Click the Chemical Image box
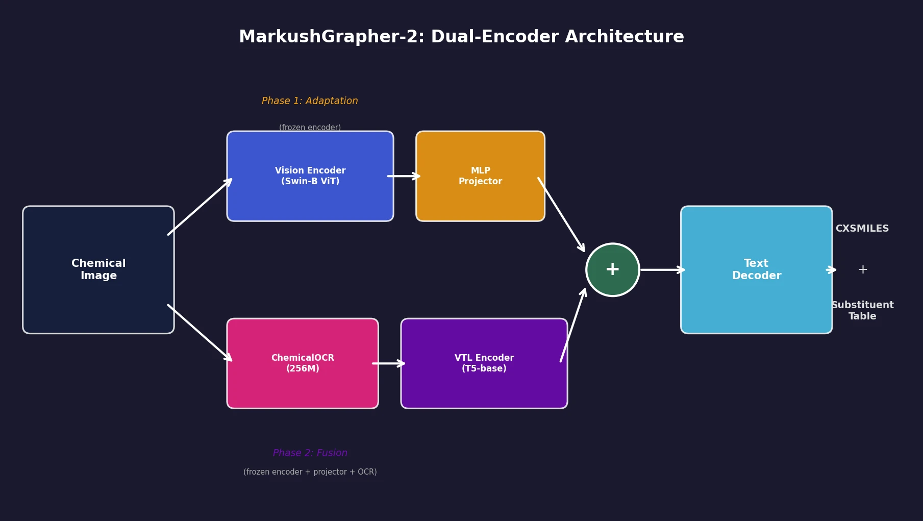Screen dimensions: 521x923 click(x=98, y=269)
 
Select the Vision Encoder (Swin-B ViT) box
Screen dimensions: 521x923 click(x=310, y=176)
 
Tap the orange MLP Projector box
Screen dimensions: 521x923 click(x=480, y=176)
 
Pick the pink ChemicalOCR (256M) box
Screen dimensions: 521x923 click(x=303, y=363)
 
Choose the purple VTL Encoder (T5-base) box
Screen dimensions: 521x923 click(x=484, y=363)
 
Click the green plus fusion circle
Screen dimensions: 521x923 click(x=612, y=269)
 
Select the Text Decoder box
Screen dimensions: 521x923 click(x=756, y=269)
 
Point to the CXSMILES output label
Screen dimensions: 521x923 click(x=862, y=229)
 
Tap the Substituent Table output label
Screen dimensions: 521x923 click(x=862, y=310)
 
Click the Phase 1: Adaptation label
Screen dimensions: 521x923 click(x=310, y=101)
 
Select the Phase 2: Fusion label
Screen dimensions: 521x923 click(x=310, y=453)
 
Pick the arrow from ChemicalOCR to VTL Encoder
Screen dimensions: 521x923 click(x=388, y=363)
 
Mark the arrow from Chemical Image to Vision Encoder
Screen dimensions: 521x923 click(x=199, y=207)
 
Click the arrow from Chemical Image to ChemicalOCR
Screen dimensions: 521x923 click(x=199, y=333)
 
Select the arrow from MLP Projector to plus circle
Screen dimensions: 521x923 click(x=561, y=214)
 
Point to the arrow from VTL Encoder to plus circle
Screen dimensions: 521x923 click(x=573, y=325)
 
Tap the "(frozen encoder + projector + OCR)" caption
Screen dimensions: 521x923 click(x=310, y=472)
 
